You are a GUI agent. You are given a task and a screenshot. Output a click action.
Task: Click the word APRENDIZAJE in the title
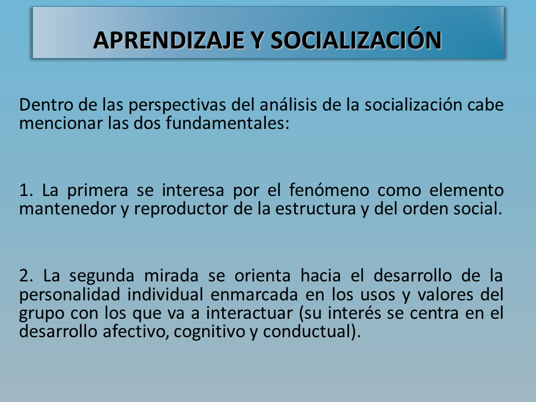(x=169, y=40)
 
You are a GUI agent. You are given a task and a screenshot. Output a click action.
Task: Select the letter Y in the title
(x=257, y=40)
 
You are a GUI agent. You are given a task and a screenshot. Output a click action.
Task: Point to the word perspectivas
(x=177, y=106)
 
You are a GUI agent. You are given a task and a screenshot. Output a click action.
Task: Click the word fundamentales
(x=228, y=123)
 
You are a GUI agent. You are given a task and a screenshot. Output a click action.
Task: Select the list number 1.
(x=26, y=190)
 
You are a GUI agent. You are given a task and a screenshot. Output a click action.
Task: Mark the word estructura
(x=315, y=209)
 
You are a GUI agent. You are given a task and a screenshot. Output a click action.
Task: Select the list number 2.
(x=26, y=276)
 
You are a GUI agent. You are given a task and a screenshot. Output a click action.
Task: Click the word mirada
(x=171, y=275)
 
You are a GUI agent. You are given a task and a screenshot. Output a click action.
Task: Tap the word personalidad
(x=70, y=295)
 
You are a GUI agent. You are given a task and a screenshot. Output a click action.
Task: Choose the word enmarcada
(x=254, y=294)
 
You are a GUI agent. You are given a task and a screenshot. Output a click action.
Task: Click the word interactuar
(x=249, y=313)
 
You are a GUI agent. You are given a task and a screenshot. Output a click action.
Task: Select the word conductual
(x=307, y=331)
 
